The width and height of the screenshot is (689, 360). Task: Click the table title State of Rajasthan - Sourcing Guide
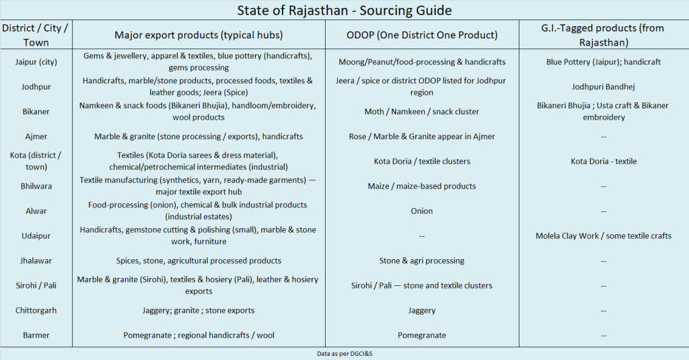click(x=344, y=11)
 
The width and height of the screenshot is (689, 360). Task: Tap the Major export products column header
click(x=198, y=35)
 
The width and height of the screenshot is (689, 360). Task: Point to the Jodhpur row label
click(x=36, y=87)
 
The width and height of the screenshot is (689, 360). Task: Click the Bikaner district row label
click(x=36, y=112)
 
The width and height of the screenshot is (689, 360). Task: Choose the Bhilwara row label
click(x=36, y=186)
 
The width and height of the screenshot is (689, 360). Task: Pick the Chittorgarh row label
click(x=36, y=311)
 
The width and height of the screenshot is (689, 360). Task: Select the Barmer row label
click(x=36, y=335)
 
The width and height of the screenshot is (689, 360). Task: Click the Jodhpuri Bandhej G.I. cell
click(x=604, y=87)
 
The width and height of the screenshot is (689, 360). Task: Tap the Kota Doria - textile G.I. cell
click(x=604, y=161)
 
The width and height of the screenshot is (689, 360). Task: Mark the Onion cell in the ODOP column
click(x=422, y=211)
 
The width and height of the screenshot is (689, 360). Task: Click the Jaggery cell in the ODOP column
click(x=422, y=311)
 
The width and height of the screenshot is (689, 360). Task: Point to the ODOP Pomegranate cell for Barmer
click(x=422, y=335)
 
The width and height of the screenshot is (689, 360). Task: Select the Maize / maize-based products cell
click(x=422, y=186)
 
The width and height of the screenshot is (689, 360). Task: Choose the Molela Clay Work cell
click(x=604, y=236)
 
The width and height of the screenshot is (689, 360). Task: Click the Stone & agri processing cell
click(x=422, y=261)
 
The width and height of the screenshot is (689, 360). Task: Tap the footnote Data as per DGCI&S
click(x=344, y=353)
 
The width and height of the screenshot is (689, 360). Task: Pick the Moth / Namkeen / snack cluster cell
click(x=422, y=112)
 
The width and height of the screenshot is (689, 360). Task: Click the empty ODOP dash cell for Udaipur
click(x=422, y=236)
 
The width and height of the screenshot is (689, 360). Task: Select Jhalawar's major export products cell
click(x=198, y=261)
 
